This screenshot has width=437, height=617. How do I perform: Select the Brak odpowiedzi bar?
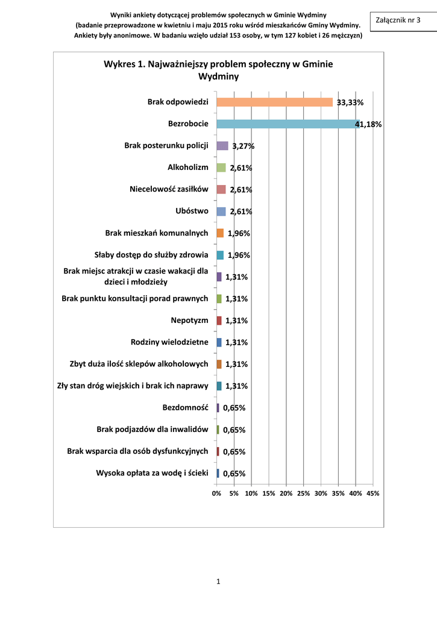click(x=274, y=102)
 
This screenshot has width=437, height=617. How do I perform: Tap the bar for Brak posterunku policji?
click(x=222, y=146)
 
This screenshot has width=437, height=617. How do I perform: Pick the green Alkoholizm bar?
click(x=221, y=168)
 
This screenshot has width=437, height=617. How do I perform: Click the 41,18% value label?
click(x=368, y=125)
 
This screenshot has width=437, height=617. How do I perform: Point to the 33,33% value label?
click(x=350, y=103)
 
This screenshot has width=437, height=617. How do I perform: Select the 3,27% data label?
click(x=244, y=146)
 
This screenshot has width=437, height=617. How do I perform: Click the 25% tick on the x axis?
click(x=303, y=493)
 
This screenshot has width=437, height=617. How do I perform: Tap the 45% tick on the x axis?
click(x=373, y=493)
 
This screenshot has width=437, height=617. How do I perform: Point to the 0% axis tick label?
click(x=216, y=493)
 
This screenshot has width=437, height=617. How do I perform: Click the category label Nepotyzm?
click(x=190, y=321)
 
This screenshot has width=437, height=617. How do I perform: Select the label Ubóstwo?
click(x=192, y=211)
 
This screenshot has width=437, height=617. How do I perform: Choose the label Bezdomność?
click(x=186, y=408)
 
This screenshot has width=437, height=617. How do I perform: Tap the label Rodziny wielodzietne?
click(x=169, y=342)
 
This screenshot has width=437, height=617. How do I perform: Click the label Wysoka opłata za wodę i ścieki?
click(x=152, y=473)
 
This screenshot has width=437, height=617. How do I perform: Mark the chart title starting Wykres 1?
click(x=218, y=70)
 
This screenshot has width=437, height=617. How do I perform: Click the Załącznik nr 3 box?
click(x=398, y=20)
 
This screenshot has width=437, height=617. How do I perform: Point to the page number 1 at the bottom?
click(x=218, y=581)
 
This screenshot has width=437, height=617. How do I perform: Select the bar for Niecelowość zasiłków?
click(x=221, y=189)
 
